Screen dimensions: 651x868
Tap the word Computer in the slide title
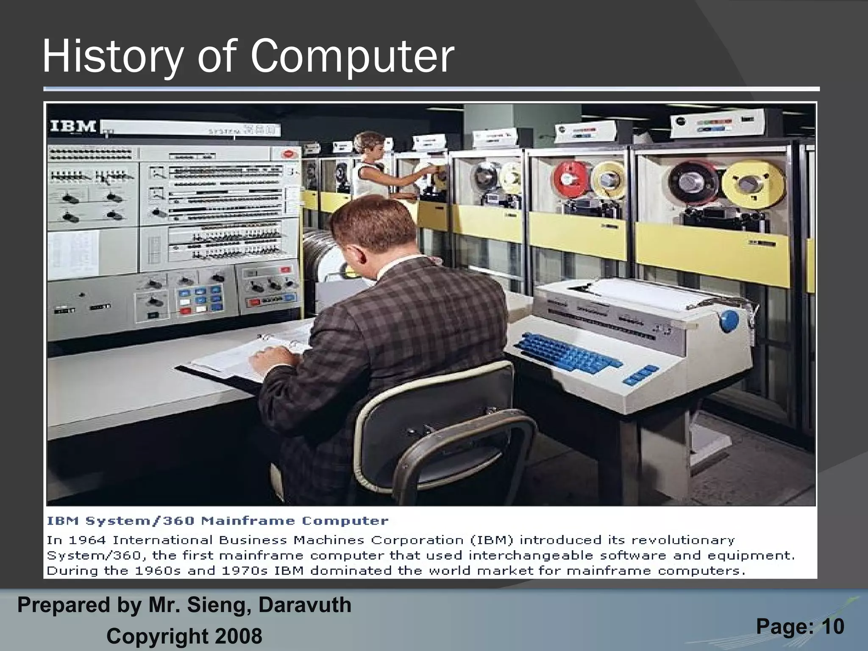tap(352, 57)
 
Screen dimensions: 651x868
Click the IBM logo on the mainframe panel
tap(73, 126)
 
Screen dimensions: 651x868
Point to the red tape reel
tap(570, 181)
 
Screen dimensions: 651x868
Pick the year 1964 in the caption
tap(86, 540)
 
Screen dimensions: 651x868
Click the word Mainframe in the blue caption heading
tap(248, 521)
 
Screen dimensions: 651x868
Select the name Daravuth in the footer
tap(305, 605)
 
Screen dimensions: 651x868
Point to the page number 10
tap(833, 626)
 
